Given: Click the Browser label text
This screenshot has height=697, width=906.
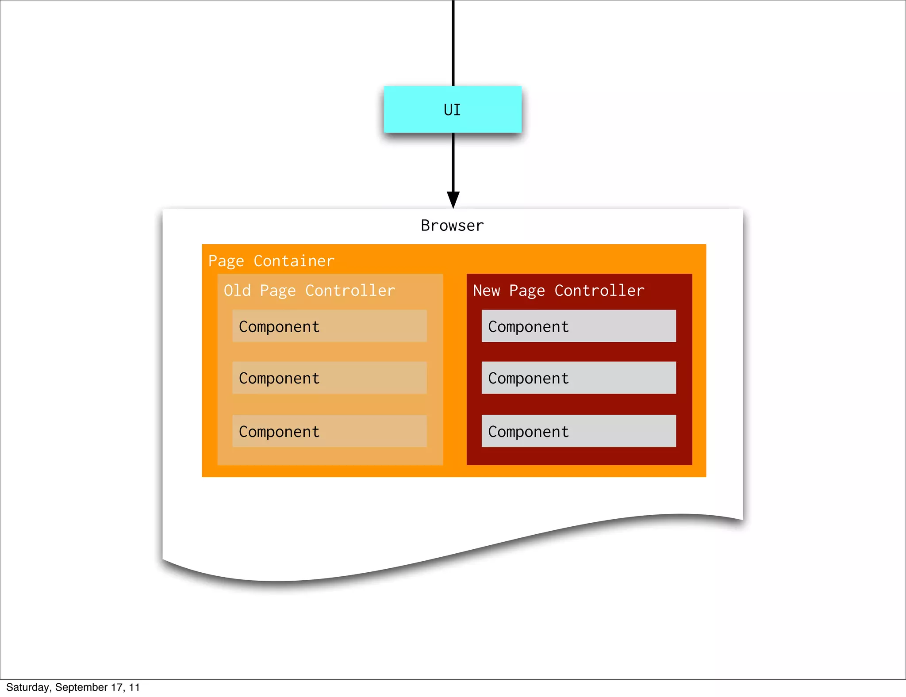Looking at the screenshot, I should click(x=452, y=226).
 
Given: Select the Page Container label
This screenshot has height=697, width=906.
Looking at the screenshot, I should click(x=271, y=261).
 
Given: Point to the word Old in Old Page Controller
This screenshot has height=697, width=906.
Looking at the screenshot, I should click(x=237, y=291).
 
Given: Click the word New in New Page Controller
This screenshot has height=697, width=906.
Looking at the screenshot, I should click(x=486, y=291).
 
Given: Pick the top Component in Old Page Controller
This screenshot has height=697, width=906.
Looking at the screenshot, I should click(x=330, y=326).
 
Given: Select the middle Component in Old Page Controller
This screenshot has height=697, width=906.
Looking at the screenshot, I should click(x=330, y=378).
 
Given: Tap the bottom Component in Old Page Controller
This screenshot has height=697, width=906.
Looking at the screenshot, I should click(x=330, y=431).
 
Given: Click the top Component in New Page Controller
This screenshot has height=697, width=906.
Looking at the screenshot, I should click(x=579, y=326).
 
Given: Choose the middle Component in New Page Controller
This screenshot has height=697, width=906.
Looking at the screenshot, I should click(x=579, y=378).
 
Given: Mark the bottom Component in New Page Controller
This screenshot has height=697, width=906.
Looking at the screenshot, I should click(x=579, y=431).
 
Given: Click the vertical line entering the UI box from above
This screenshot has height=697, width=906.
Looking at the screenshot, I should click(x=453, y=42).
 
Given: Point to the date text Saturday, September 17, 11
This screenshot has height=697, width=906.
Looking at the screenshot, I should click(x=73, y=687).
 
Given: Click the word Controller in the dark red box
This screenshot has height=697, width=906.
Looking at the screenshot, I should click(x=599, y=291).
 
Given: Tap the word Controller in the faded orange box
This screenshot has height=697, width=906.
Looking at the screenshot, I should click(x=350, y=291).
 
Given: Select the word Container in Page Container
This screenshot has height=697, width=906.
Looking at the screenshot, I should click(x=294, y=261).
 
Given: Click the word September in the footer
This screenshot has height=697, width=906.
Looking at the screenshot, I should click(x=81, y=687).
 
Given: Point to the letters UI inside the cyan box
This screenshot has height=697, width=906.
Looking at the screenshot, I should click(x=452, y=110).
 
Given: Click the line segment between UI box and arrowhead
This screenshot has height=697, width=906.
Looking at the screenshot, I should click(x=453, y=161).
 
